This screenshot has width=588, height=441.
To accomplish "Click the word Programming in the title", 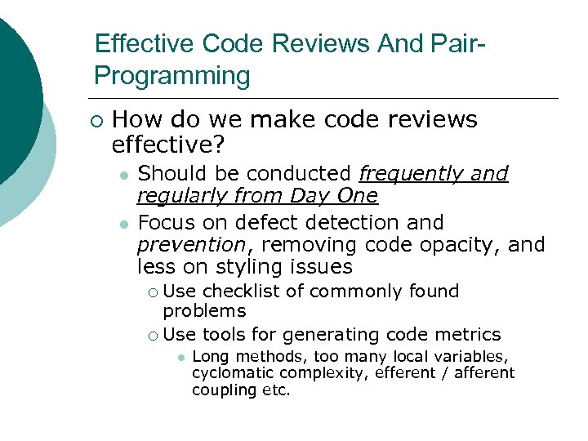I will pyautogui.click(x=172, y=77).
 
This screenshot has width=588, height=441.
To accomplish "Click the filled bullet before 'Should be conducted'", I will pyautogui.click(x=122, y=176).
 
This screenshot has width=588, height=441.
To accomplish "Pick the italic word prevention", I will pyautogui.click(x=191, y=244).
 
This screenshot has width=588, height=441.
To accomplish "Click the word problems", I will pyautogui.click(x=204, y=311).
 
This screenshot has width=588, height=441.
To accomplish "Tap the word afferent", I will pyautogui.click(x=485, y=373).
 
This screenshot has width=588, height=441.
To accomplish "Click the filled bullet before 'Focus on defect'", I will pyautogui.click(x=122, y=224).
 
